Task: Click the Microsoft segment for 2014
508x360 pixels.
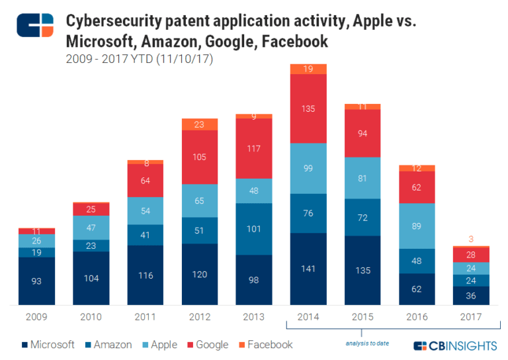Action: pos(308,269)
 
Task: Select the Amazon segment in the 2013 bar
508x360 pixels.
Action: pos(253,229)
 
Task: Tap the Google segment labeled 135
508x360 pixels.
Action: pos(308,109)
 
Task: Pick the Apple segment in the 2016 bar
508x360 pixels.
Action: pos(416,226)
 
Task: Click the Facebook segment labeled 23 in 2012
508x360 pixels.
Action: pos(199,124)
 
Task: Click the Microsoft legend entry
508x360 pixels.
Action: pos(48,345)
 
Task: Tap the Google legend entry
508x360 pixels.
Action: pos(207,345)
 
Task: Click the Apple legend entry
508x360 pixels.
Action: pos(158,345)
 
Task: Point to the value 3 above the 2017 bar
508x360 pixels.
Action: pos(470,239)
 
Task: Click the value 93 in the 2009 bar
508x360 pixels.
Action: pos(37,281)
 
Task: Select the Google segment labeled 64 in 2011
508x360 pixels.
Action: pos(145,181)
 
